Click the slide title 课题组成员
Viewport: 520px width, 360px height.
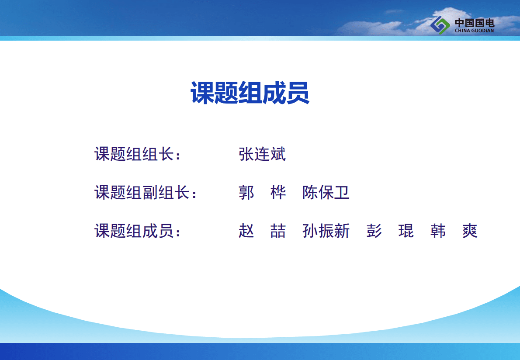250,93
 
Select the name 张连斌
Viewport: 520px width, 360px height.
262,154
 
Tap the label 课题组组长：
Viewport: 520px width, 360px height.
138,154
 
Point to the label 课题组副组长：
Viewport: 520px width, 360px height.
146,193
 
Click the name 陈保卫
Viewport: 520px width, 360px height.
326,193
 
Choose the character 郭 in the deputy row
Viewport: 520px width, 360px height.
246,193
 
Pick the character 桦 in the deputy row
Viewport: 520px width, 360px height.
278,193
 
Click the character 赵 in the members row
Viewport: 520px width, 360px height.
246,231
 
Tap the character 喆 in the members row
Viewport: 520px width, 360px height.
278,231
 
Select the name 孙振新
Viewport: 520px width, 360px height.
326,231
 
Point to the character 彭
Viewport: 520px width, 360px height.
374,231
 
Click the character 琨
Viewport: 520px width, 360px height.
406,231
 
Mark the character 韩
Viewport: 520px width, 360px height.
438,231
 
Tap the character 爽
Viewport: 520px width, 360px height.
470,231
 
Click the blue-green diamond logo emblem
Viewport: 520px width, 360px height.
440,25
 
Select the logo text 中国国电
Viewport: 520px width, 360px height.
475,23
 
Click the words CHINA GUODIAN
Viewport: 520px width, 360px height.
474,31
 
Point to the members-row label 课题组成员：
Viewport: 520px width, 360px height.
138,231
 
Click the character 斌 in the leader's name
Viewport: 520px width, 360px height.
278,154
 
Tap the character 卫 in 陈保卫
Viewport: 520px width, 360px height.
342,193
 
